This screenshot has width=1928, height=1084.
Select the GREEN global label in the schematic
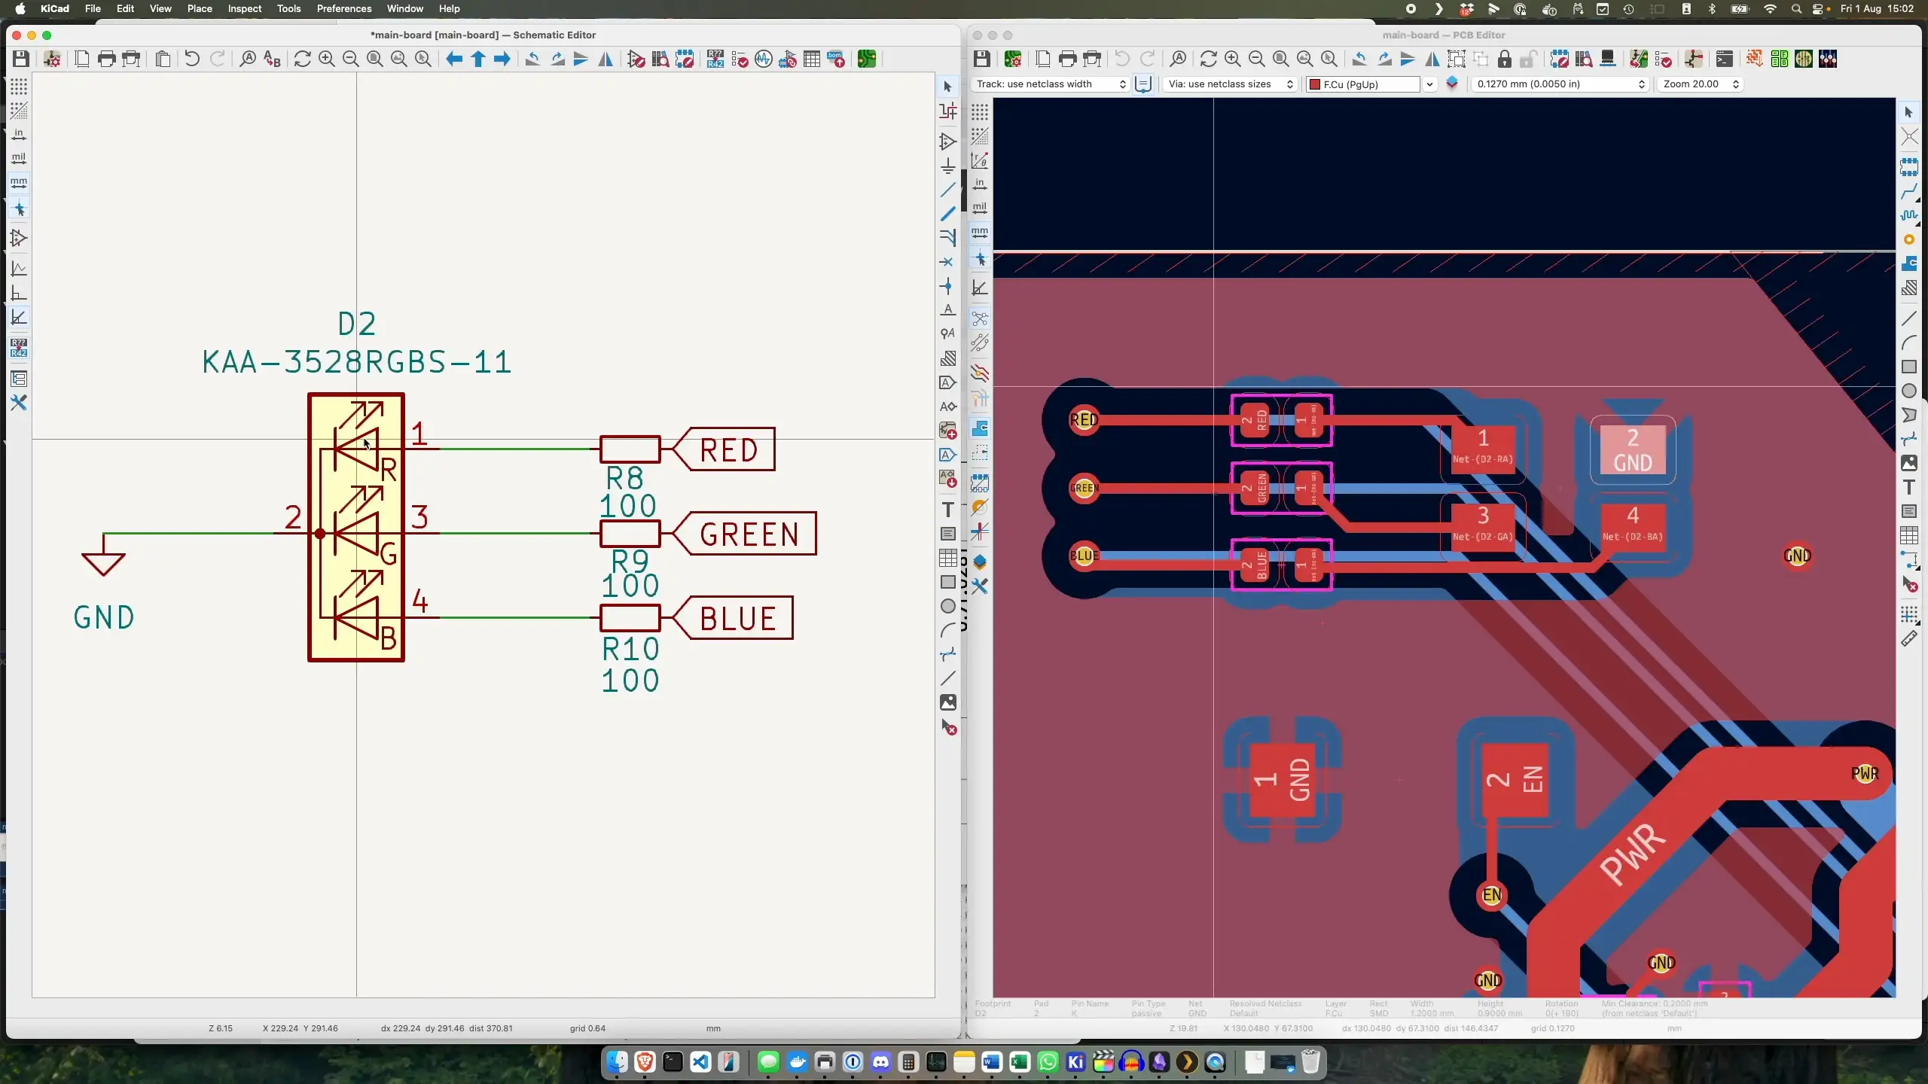[x=748, y=534]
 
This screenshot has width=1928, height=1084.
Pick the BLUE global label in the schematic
[x=737, y=618]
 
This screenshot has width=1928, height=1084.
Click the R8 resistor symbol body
[x=630, y=449]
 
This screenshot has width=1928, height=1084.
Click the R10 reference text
[x=630, y=649]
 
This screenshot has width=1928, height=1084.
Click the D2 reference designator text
[x=356, y=324]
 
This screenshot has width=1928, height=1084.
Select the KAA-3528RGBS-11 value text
[x=357, y=363]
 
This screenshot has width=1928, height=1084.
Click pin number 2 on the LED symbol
[x=293, y=518]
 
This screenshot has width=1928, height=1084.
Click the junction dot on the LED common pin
[x=320, y=534]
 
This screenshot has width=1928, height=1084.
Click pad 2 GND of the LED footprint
[x=1632, y=449]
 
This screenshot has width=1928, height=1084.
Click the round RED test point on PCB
[x=1084, y=419]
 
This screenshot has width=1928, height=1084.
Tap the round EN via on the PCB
[x=1491, y=895]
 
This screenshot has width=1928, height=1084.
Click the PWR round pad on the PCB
[x=1865, y=773]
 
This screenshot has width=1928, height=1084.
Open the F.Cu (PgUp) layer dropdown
[x=1370, y=84]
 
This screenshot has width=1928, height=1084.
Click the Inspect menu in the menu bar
[x=244, y=8]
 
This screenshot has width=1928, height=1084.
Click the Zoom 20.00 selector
[x=1700, y=84]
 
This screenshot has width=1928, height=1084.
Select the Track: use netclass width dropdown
[x=1050, y=84]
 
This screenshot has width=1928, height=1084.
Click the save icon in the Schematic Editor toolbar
[x=20, y=59]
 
